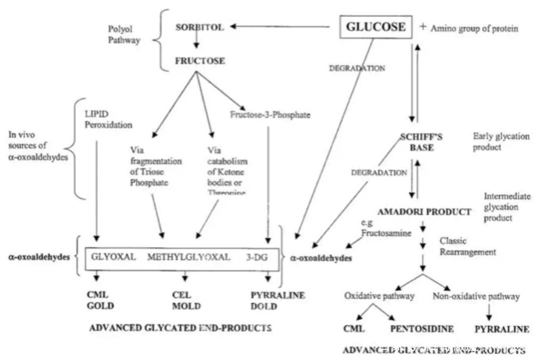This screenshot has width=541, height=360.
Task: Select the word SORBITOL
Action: pos(199,27)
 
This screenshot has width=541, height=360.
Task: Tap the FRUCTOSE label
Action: pos(199,61)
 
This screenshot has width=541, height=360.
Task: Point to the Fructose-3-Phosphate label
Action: pos(270,115)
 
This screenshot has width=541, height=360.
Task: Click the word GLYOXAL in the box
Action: pos(113,257)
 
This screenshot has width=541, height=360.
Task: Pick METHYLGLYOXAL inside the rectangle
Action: pos(189,257)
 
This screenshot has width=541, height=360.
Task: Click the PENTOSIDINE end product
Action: pos(422,329)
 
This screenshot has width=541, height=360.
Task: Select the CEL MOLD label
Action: pos(186,300)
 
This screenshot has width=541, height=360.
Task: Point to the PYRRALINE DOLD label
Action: pos(277,300)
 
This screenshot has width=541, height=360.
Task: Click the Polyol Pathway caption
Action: pos(124,36)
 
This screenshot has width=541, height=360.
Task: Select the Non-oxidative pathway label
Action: pos(476,296)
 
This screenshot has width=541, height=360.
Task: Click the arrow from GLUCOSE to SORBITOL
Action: pos(281,27)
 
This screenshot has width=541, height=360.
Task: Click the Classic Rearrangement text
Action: pos(468,246)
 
